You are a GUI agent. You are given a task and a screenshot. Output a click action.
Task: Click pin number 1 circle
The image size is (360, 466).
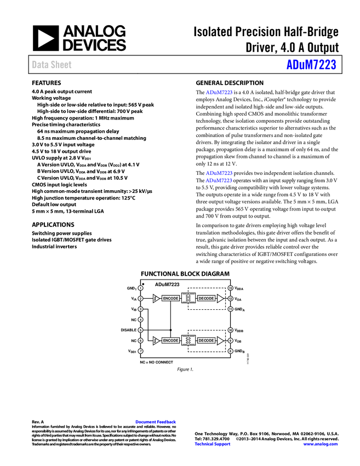pyautogui.click(x=140, y=288)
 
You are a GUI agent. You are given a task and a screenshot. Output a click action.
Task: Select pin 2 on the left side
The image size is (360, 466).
pyautogui.click(x=140, y=299)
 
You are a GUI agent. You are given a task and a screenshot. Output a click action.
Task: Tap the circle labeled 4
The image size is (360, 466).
pyautogui.click(x=140, y=320)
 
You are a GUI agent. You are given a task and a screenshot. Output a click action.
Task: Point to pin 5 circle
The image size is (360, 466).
pyautogui.click(x=140, y=330)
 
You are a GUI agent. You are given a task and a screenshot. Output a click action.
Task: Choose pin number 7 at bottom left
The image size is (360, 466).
pyautogui.click(x=140, y=351)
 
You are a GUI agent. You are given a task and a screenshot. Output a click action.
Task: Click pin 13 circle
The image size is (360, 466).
pyautogui.click(x=231, y=288)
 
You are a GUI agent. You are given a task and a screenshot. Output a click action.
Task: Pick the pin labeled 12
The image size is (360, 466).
pyautogui.click(x=231, y=299)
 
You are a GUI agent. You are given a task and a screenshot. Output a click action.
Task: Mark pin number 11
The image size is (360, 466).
pyautogui.click(x=231, y=309)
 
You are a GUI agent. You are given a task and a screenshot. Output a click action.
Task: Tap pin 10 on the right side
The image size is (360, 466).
pyautogui.click(x=231, y=330)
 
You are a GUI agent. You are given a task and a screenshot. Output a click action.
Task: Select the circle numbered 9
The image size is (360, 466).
pyautogui.click(x=231, y=340)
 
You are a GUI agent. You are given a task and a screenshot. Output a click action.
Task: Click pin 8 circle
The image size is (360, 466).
pyautogui.click(x=231, y=351)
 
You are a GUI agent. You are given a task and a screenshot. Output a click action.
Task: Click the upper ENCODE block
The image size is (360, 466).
pyautogui.click(x=170, y=298)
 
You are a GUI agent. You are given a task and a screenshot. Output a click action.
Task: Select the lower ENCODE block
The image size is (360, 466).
pyautogui.click(x=170, y=340)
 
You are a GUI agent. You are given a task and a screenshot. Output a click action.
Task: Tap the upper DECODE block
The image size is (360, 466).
pyautogui.click(x=206, y=298)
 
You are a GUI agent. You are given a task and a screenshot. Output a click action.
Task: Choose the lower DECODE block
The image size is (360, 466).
pyautogui.click(x=206, y=340)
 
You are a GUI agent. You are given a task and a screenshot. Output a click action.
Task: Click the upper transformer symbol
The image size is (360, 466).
pyautogui.click(x=188, y=298)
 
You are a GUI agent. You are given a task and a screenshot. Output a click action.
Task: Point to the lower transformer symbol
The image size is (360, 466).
pyautogui.click(x=188, y=340)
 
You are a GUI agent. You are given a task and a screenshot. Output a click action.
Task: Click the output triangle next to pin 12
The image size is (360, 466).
pyautogui.click(x=220, y=299)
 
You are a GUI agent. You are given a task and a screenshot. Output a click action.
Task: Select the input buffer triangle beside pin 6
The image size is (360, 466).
pyautogui.click(x=156, y=340)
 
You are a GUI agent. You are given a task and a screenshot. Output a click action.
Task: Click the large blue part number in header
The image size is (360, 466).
pyautogui.click(x=311, y=65)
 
